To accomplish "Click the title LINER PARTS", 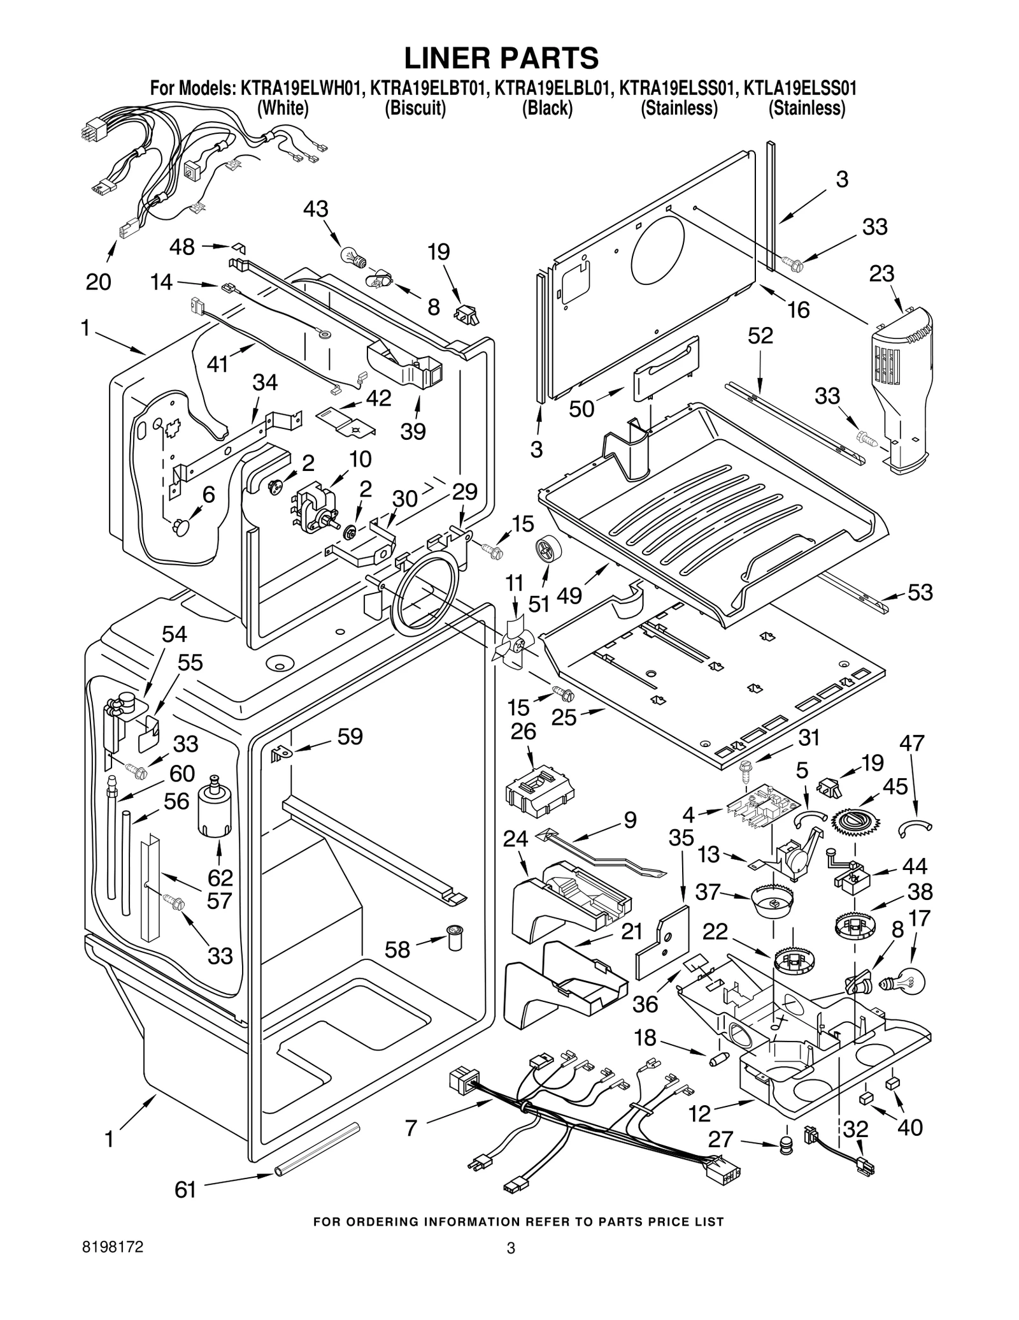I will [x=501, y=58].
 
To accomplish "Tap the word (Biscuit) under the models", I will [x=415, y=108].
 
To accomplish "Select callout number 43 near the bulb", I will [x=315, y=209].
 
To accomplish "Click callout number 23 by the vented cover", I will [x=881, y=273].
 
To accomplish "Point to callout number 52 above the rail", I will [x=760, y=335].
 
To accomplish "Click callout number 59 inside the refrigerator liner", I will [x=350, y=737].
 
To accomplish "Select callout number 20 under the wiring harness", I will [x=98, y=281].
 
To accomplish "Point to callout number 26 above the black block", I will [x=523, y=731].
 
